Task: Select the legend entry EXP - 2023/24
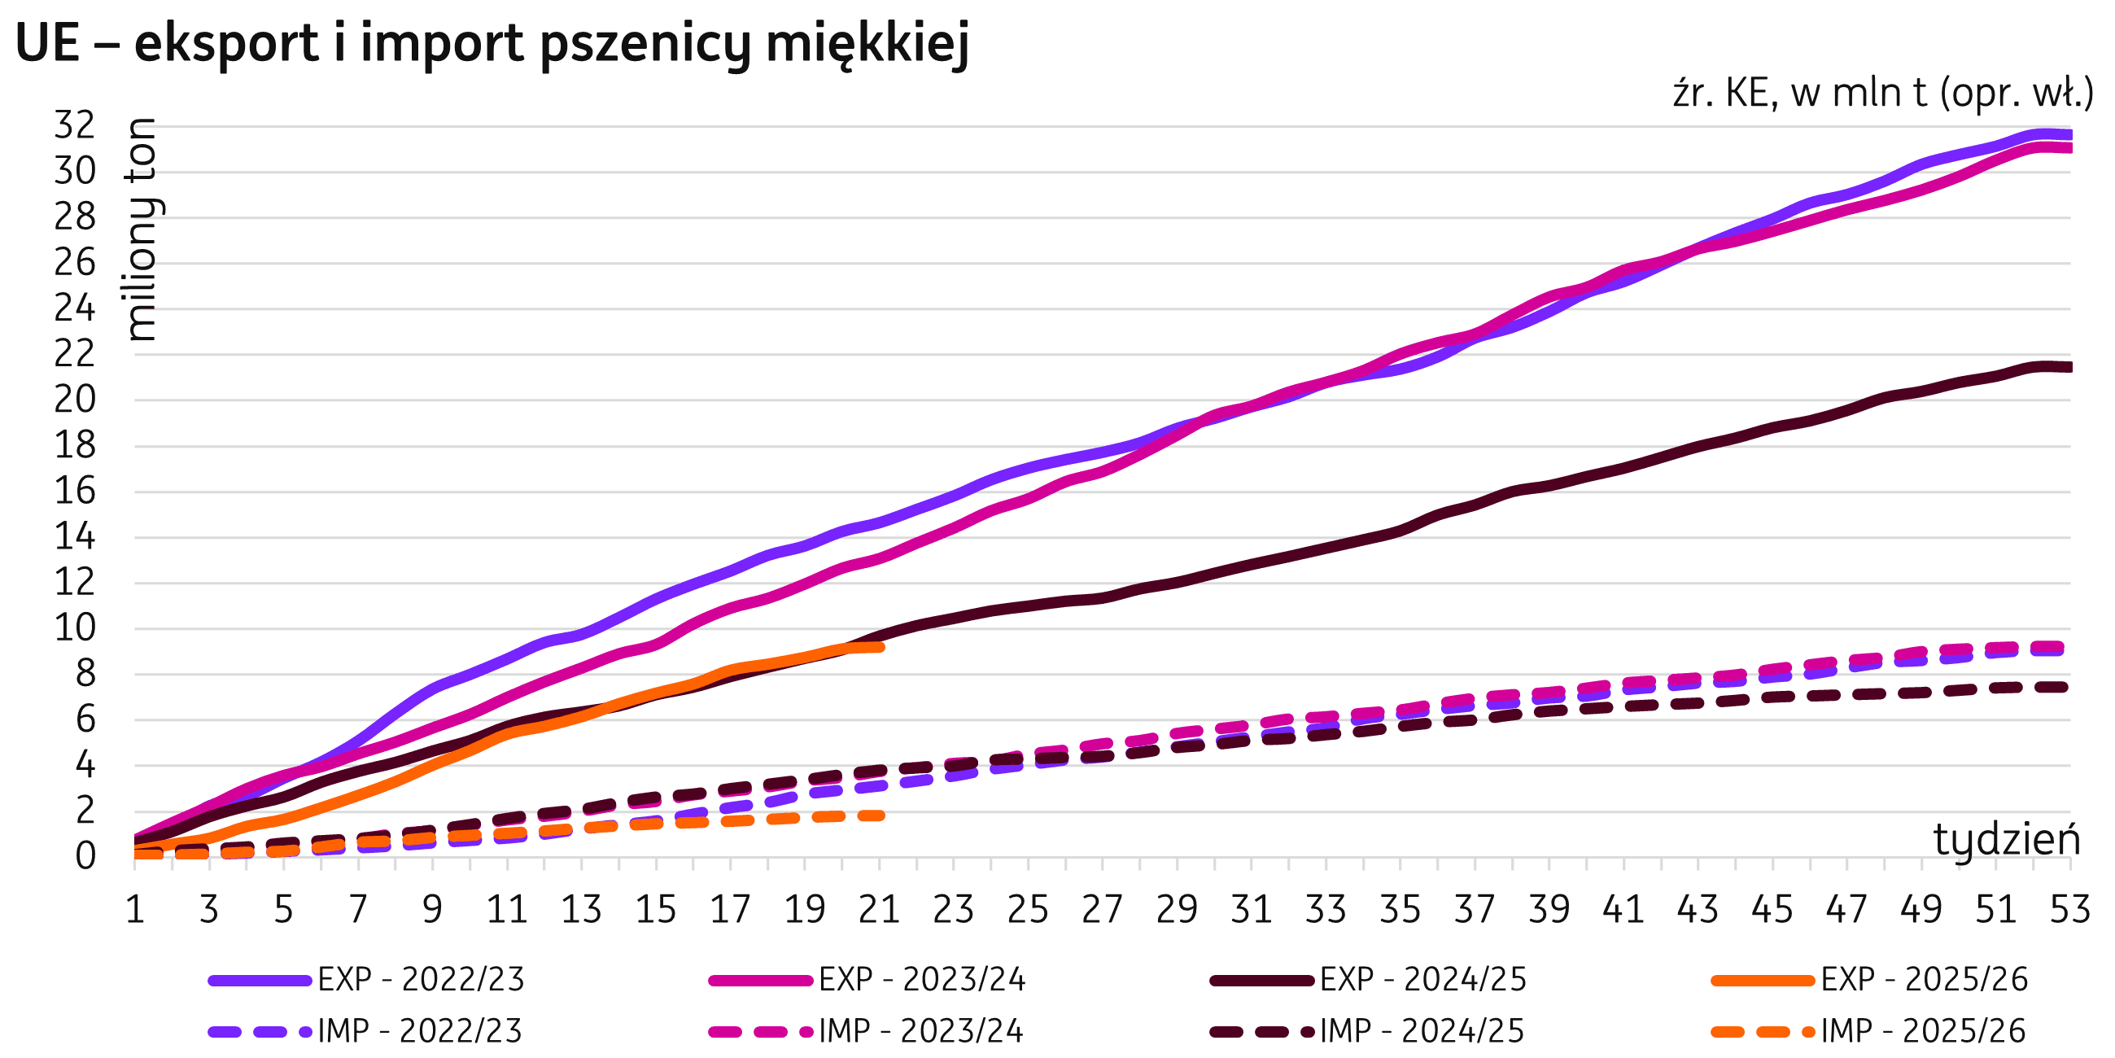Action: point(922,979)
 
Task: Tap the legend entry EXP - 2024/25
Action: point(1422,979)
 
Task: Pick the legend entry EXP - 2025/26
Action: point(1924,979)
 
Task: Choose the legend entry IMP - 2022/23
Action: point(420,1030)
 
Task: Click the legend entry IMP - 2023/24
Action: point(920,1030)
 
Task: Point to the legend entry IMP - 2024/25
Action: point(1421,1030)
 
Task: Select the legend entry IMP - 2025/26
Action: point(1922,1030)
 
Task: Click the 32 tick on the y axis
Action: point(75,125)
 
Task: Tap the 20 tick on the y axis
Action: point(75,400)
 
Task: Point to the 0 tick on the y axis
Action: point(85,857)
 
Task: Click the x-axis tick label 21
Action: point(880,909)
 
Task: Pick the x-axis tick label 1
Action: point(135,909)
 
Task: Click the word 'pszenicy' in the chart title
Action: point(644,45)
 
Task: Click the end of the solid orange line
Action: point(881,647)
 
